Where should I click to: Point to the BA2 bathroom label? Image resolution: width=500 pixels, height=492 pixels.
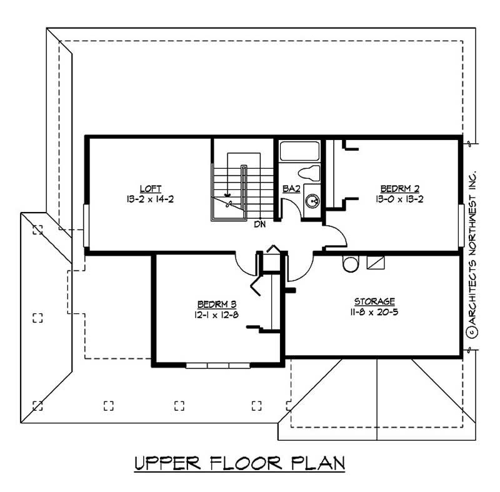(x=289, y=188)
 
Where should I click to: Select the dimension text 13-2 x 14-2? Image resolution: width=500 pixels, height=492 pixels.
(x=147, y=198)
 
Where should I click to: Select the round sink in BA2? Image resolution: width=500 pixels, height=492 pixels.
(x=312, y=201)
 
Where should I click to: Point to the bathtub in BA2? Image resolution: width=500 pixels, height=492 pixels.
(x=299, y=151)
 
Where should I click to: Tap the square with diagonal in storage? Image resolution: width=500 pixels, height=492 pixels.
(x=375, y=263)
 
